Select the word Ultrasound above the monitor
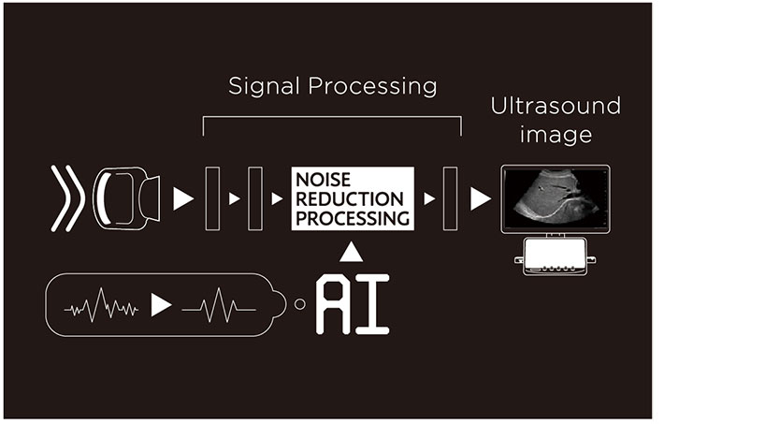[x=556, y=106]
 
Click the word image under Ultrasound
[x=556, y=135]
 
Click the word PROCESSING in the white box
[x=352, y=218]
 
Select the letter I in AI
[x=372, y=304]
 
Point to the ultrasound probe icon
[x=125, y=198]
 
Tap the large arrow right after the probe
[x=183, y=198]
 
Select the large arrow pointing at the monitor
[x=481, y=198]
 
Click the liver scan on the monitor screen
[x=555, y=196]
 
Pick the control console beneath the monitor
[x=555, y=256]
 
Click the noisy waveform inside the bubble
[x=101, y=305]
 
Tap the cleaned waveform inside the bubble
[x=218, y=305]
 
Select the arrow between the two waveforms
[x=162, y=305]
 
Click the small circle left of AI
[x=299, y=304]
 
